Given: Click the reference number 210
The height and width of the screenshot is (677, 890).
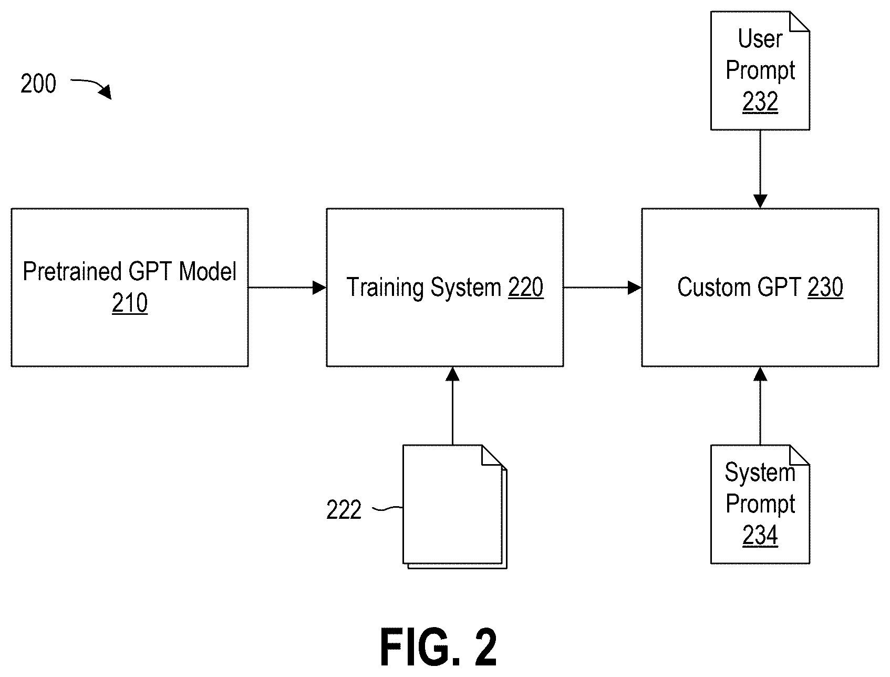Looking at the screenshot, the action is pos(130,303).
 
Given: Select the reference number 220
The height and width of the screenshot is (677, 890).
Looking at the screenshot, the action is pos(525,288).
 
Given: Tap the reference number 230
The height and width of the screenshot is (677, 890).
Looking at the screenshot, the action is pos(825,288).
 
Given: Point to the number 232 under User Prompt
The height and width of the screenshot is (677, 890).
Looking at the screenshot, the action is pos(760,102).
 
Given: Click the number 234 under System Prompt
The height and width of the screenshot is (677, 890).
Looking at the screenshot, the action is pos(760,536).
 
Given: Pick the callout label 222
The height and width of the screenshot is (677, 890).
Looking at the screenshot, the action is pos(344,510).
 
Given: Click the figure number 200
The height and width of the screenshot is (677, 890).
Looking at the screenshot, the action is pos(38,84).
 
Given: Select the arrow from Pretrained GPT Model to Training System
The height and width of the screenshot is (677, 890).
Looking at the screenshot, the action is pos(287,288).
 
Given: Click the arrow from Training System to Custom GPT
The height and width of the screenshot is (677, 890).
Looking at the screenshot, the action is pos(603,288).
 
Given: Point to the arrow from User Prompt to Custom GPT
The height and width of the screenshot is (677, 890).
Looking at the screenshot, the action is pos(760,169).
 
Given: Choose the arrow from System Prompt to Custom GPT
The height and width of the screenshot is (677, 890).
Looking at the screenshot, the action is pos(760,406).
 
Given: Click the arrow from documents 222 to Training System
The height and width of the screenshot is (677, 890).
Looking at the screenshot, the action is pos(452,406).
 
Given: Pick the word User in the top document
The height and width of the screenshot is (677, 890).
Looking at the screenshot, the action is pos(760,39).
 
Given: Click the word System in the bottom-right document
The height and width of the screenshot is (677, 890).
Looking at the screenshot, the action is pos(760,473).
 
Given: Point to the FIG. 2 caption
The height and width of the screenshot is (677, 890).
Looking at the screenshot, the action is pos(438,648).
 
